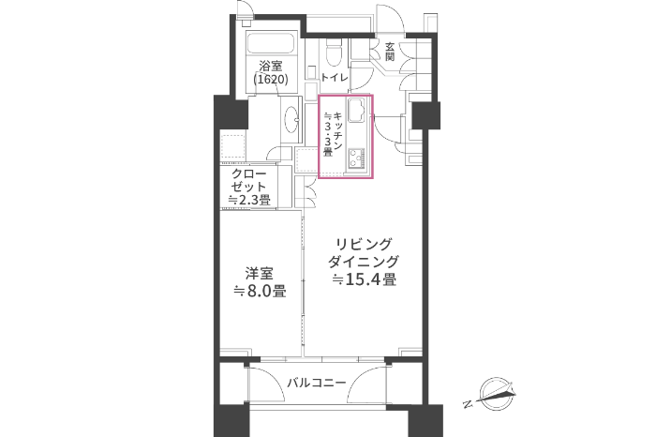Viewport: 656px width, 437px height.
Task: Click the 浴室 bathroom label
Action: (x=271, y=67)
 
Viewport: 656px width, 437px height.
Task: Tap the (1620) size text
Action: (x=271, y=79)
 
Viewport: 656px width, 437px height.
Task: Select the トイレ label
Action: (x=335, y=78)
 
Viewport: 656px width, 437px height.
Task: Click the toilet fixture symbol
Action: (x=334, y=53)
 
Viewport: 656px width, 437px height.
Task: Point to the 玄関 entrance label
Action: (x=390, y=52)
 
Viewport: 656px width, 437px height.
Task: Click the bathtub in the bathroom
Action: (x=272, y=43)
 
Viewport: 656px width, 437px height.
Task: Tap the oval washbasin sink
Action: (x=291, y=119)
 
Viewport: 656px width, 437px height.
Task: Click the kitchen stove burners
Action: (x=356, y=158)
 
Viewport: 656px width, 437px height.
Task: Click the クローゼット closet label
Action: (x=248, y=180)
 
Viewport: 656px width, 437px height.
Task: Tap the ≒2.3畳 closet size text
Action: (x=249, y=200)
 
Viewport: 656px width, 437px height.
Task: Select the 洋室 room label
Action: (x=260, y=274)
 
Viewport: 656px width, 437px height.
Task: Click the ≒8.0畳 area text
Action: (x=260, y=291)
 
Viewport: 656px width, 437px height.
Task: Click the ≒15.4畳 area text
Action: (x=364, y=279)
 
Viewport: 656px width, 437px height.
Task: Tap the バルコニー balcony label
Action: (x=317, y=383)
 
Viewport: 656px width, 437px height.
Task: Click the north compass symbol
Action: (x=497, y=394)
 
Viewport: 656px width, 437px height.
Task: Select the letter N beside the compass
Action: (x=469, y=404)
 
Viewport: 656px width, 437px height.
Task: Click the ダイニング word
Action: (x=364, y=262)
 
